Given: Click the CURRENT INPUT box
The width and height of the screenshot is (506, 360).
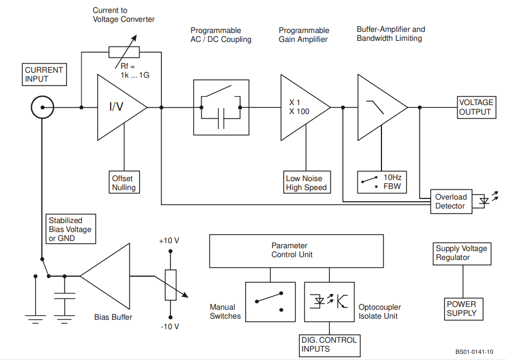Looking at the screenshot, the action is (44, 74).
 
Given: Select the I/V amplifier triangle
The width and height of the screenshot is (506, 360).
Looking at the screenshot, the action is (122, 107).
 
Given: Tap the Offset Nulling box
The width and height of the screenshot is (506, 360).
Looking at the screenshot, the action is (124, 182).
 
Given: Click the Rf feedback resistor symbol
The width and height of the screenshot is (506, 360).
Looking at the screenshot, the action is (124, 52).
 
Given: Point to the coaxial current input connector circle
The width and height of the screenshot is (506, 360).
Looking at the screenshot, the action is (42, 107).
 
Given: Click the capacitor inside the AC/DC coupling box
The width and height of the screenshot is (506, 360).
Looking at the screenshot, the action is (221, 119).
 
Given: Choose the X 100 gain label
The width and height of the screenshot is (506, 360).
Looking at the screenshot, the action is (299, 112).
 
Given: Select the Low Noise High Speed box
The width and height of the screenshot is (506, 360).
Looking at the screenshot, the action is (307, 182).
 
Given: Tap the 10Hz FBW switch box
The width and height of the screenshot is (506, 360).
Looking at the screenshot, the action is (382, 182).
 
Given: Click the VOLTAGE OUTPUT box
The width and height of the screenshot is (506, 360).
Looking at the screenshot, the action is (476, 107).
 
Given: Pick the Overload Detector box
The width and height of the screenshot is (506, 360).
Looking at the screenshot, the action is (451, 202).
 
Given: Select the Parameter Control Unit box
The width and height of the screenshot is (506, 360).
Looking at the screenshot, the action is (297, 251).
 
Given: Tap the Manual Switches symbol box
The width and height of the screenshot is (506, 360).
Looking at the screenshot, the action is (270, 302).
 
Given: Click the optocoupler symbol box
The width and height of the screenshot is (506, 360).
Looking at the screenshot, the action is (330, 302).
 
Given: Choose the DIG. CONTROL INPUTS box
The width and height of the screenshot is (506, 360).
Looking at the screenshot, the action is (330, 345).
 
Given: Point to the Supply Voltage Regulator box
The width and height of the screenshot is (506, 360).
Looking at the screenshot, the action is (462, 254).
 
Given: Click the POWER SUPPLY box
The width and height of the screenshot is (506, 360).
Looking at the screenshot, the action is (464, 309).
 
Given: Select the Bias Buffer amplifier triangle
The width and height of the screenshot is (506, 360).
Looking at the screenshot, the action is (105, 276).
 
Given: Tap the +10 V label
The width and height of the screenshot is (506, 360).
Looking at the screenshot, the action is (169, 241).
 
